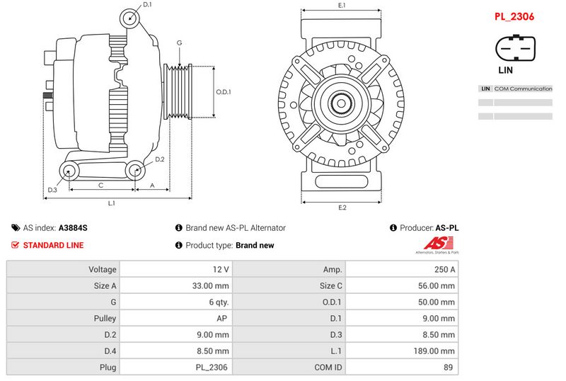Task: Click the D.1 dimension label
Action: (x=147, y=5)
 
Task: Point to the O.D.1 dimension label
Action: (x=224, y=92)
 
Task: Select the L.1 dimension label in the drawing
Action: (x=112, y=204)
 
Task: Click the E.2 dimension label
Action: (x=342, y=207)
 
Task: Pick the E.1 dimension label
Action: (x=342, y=6)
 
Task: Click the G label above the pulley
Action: (x=180, y=43)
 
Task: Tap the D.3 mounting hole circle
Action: (x=69, y=169)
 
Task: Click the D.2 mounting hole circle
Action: (x=134, y=169)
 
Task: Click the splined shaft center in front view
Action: (x=341, y=104)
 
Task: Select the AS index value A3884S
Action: (x=73, y=228)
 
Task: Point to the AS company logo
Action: (x=437, y=246)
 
